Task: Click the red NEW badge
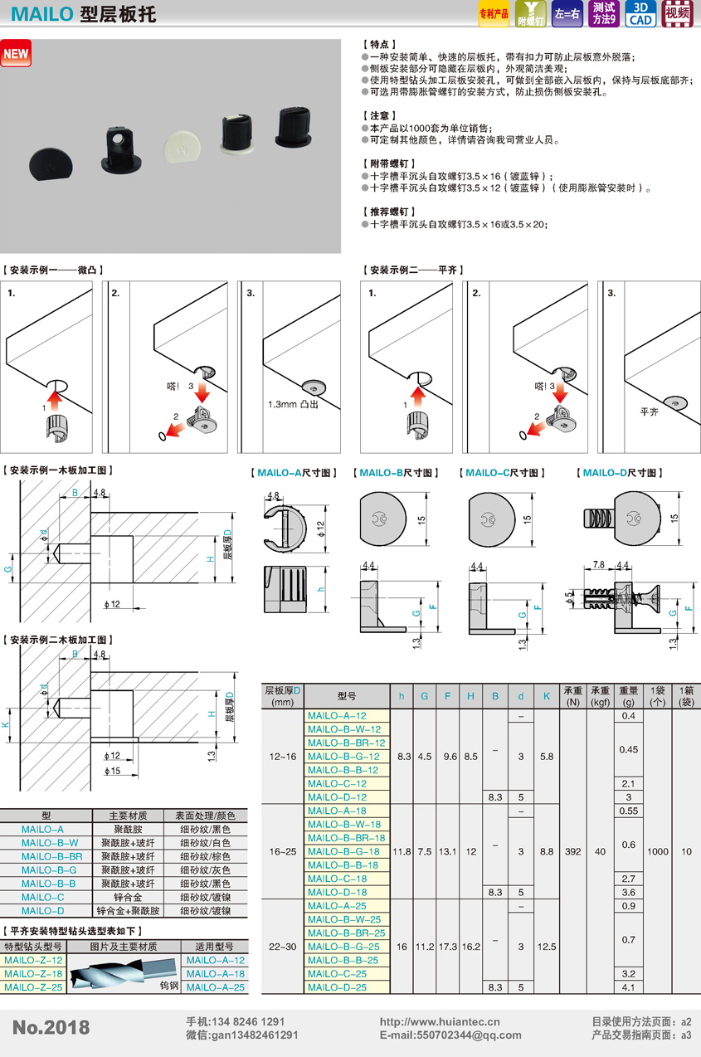coord(16,53)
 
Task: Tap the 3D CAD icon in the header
coord(640,13)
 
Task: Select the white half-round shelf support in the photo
coord(182,146)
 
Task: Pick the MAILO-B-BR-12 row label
coord(347,743)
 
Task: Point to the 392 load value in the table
coord(573,852)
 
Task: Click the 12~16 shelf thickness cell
coord(283,757)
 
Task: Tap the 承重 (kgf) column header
coord(600,696)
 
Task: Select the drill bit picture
coord(124,973)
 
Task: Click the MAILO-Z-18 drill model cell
coord(33,973)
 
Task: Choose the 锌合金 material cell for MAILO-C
coord(128,897)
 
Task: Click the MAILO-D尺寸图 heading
coord(620,473)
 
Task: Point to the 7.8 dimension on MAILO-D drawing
coord(599,564)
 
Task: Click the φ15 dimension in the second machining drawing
coord(112,771)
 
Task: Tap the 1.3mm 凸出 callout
coord(293,404)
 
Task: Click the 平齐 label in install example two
coord(649,412)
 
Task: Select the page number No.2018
coord(51,1027)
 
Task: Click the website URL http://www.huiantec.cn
coord(440,1021)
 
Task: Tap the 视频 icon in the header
coord(677,13)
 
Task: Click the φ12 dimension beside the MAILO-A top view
coord(321,529)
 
